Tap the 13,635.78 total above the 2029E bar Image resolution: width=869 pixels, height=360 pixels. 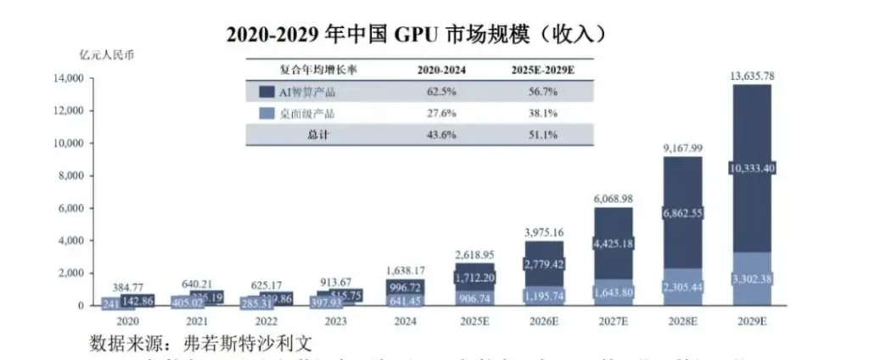point(752,76)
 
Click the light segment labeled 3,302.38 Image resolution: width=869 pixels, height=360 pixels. point(752,279)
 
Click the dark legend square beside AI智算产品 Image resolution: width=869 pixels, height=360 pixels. point(265,92)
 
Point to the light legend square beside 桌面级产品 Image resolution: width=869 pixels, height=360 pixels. point(265,114)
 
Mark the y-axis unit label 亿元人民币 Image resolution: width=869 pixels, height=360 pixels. point(104,53)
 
